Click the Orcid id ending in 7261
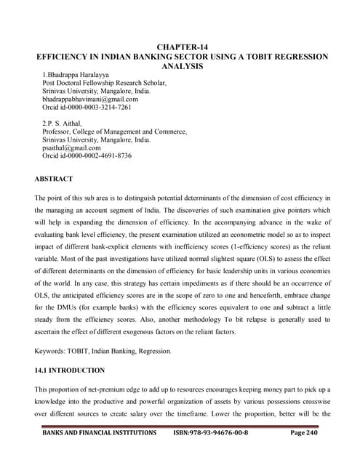click(x=87, y=108)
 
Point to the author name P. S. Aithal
click(x=72, y=124)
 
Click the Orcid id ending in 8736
click(x=87, y=156)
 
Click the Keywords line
click(x=102, y=351)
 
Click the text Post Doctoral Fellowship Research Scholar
click(x=105, y=83)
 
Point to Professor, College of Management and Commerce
click(x=115, y=132)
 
